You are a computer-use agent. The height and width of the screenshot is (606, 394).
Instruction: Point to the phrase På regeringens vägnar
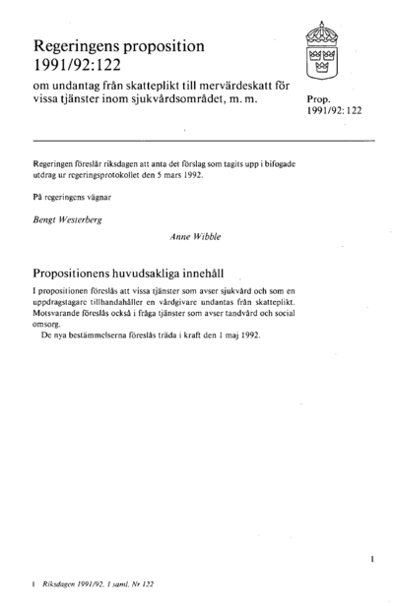click(x=71, y=201)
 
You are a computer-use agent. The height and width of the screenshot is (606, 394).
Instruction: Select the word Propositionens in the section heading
click(x=86, y=270)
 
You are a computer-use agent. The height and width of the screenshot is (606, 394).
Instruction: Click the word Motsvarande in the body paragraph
click(x=61, y=316)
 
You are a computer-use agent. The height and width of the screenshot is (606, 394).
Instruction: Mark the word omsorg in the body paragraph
click(x=49, y=327)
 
